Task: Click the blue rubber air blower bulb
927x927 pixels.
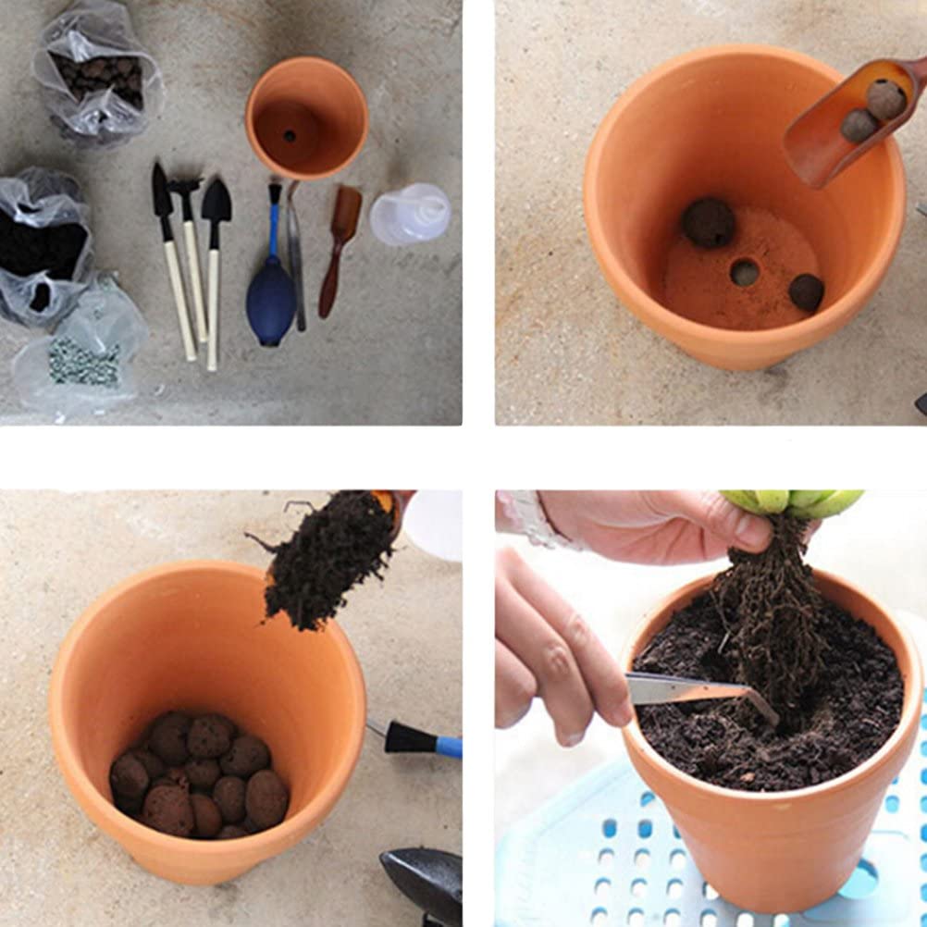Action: [x=271, y=302]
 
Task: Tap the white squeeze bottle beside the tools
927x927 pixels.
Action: [x=410, y=215]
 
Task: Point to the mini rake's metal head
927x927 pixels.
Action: [x=185, y=188]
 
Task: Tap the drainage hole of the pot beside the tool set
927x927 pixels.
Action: [x=290, y=136]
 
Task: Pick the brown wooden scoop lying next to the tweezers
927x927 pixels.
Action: [x=340, y=245]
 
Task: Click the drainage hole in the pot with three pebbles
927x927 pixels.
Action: [x=744, y=272]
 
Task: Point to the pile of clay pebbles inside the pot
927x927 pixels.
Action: [x=199, y=774]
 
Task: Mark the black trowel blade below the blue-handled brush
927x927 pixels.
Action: [x=425, y=880]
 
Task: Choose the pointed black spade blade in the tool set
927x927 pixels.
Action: [x=216, y=201]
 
